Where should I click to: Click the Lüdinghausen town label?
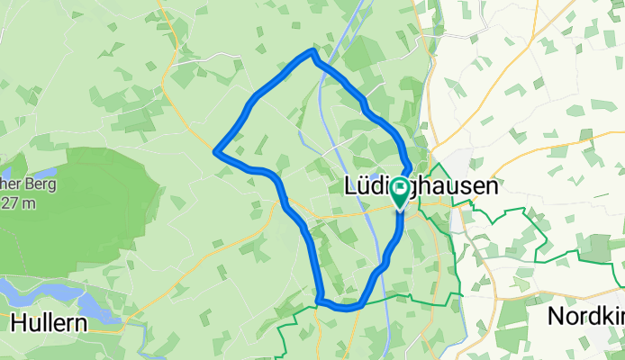[421, 187]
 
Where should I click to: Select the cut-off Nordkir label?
[585, 317]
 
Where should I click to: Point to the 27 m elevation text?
[18, 202]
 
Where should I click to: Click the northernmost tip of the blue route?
[312, 51]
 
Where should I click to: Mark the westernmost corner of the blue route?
[215, 151]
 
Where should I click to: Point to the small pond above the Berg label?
[41, 170]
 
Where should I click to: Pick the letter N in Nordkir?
[557, 317]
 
